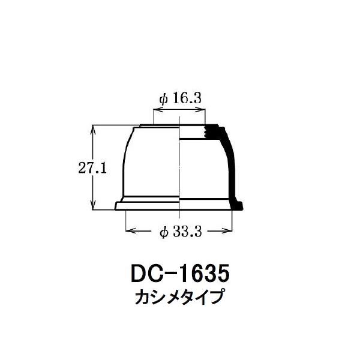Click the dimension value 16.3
(187, 98)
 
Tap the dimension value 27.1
(92, 168)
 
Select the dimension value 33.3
(187, 232)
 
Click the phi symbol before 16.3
(163, 99)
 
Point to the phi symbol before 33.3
(163, 232)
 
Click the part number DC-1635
(180, 274)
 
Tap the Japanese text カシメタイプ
(179, 297)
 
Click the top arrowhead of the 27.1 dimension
(93, 130)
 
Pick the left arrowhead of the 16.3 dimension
(158, 110)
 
